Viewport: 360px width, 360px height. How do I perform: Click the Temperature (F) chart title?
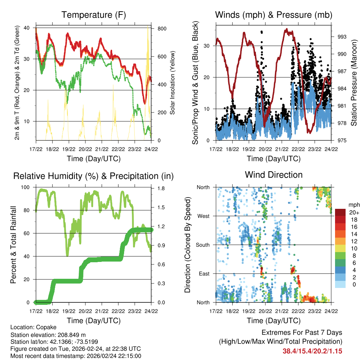click(94, 15)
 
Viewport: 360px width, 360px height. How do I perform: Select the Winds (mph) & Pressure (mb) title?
click(274, 15)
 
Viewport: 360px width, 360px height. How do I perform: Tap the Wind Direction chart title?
click(274, 175)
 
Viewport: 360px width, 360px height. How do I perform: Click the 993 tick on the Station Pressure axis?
click(338, 37)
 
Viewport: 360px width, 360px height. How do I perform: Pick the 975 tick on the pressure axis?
click(338, 140)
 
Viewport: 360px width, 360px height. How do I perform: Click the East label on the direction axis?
click(204, 274)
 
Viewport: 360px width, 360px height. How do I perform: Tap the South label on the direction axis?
click(202, 245)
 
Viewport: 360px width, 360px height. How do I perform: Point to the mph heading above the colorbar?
click(353, 205)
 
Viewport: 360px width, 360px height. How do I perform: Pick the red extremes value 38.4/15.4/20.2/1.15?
click(312, 351)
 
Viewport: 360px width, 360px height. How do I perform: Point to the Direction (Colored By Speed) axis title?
click(187, 245)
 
